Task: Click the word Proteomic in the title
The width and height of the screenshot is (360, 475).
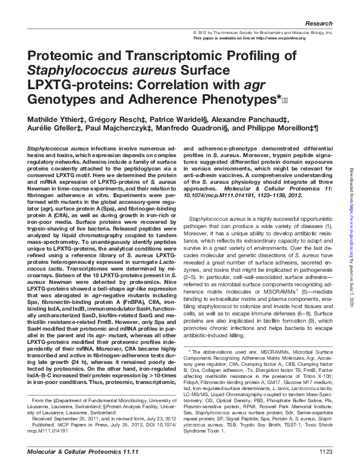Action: pyautogui.click(x=60, y=56)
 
